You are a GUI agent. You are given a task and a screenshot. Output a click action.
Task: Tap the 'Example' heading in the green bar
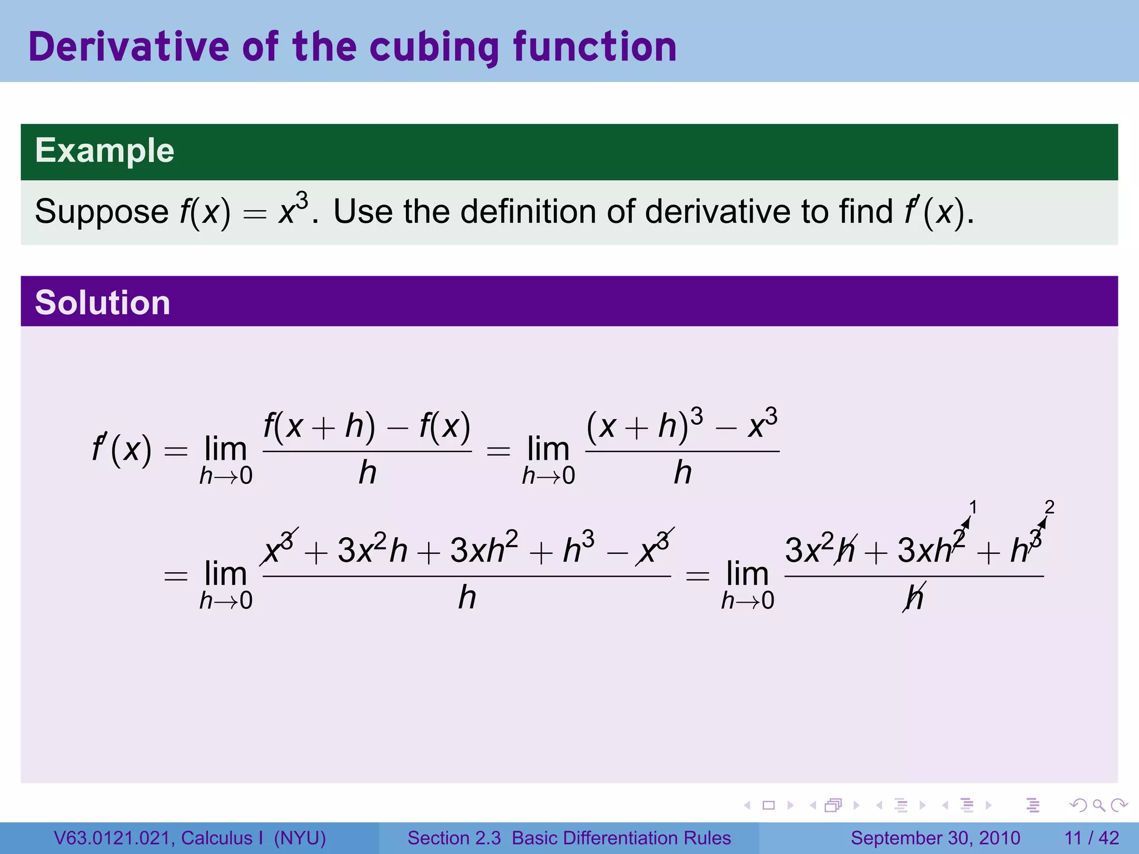105,151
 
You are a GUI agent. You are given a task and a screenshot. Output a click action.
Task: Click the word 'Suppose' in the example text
102,212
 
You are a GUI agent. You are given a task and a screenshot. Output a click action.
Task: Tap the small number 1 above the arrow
973,507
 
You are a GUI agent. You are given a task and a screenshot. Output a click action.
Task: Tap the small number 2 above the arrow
1049,507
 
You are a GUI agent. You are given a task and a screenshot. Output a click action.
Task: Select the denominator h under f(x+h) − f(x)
367,473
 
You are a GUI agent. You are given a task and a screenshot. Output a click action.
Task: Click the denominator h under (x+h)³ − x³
682,473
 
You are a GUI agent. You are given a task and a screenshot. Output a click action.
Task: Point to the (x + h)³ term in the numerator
644,426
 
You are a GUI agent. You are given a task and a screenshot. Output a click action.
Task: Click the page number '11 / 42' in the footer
1091,838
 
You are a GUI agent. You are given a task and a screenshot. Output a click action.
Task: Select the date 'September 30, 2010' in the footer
935,838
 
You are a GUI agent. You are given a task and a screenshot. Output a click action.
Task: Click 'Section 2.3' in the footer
454,838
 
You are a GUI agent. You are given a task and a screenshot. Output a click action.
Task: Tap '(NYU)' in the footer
300,838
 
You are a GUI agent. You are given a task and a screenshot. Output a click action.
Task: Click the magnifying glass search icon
1099,805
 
